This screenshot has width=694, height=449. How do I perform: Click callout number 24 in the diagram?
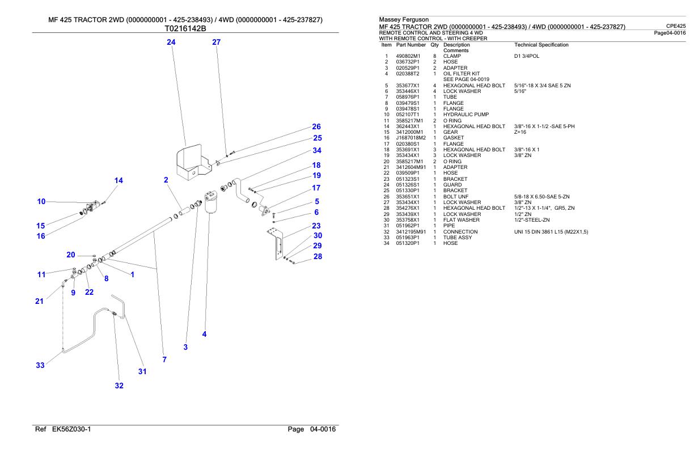pyautogui.click(x=171, y=42)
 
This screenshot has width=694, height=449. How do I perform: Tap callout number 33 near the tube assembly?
pyautogui.click(x=40, y=365)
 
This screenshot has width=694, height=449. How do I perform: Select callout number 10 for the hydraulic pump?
pyautogui.click(x=41, y=202)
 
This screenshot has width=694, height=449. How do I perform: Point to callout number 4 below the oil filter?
pyautogui.click(x=204, y=334)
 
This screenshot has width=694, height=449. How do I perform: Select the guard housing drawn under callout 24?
pyautogui.click(x=194, y=162)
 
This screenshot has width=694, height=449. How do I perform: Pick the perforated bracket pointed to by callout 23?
pyautogui.click(x=275, y=243)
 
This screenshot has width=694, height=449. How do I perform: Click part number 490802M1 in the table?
pyautogui.click(x=408, y=56)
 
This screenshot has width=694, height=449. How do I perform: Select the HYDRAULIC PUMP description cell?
pyautogui.click(x=466, y=115)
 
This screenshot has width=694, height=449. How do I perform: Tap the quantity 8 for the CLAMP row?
pyautogui.click(x=434, y=56)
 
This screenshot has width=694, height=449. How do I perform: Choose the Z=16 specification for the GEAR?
pyautogui.click(x=520, y=132)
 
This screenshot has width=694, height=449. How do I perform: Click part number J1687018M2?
pyautogui.click(x=411, y=138)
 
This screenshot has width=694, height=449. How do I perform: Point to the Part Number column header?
pyautogui.click(x=411, y=45)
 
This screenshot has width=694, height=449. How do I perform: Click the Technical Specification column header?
pyautogui.click(x=541, y=45)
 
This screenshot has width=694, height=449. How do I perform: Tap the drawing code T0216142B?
pyautogui.click(x=185, y=29)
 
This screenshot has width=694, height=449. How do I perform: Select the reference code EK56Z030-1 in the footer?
pyautogui.click(x=71, y=429)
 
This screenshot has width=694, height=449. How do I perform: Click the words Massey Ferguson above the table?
pyautogui.click(x=404, y=19)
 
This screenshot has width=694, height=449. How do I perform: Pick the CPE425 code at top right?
pyautogui.click(x=676, y=26)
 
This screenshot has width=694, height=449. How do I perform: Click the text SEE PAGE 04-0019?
pyautogui.click(x=466, y=79)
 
